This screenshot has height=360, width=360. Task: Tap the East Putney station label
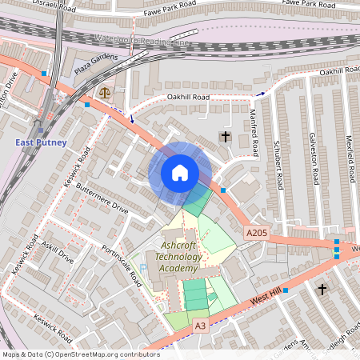[x=40, y=142]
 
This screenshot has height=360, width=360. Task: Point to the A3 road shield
[x=200, y=326]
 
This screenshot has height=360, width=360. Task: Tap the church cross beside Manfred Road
[x=226, y=137]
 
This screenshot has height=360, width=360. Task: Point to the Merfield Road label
[x=349, y=160]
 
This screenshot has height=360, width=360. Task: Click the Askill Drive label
[x=56, y=254]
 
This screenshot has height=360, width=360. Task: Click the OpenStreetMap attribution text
[x=81, y=354]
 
